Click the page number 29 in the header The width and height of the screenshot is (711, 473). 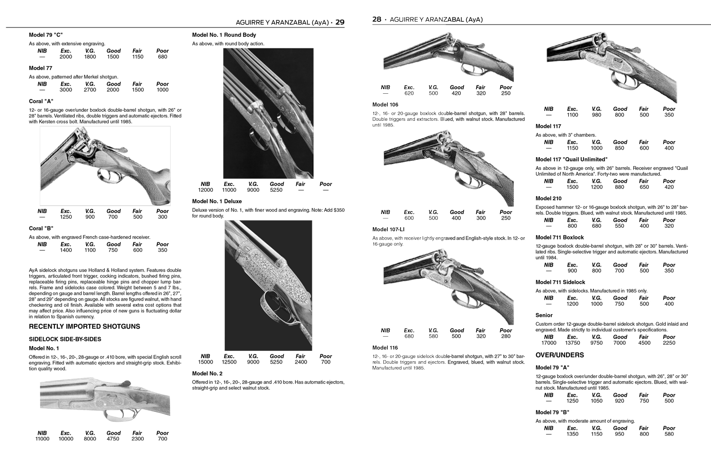pos(339,22)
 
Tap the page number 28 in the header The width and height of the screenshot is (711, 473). pos(376,19)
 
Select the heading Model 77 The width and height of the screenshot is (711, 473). pos(40,68)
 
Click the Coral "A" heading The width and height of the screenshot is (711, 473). pos(41,101)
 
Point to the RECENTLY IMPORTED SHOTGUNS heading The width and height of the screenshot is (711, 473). pos(84,327)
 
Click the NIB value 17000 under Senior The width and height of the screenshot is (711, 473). pos(548,343)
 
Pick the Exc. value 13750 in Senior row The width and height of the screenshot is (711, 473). pos(572,343)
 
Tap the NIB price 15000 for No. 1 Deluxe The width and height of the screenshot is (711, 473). pos(205,362)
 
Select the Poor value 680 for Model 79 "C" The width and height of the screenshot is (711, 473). pos(162,57)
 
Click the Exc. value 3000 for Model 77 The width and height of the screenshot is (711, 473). pos(66,90)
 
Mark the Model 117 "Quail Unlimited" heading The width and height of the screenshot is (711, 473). pos(571,160)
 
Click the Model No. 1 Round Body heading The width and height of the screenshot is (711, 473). pos(224,35)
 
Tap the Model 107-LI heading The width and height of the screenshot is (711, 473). pos(388,230)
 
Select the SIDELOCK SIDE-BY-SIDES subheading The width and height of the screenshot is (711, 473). pos(65,339)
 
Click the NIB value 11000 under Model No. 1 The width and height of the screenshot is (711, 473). pos(42,439)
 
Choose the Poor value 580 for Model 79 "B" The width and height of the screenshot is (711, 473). pos(669,434)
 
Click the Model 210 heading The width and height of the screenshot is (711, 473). pos(548,198)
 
